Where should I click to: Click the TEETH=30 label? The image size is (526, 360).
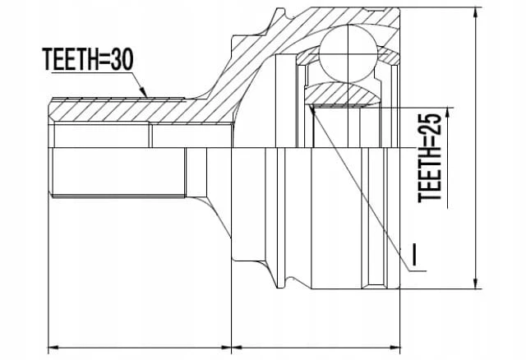(88, 59)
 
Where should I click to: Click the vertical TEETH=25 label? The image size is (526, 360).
(430, 158)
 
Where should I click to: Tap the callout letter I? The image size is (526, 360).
(415, 254)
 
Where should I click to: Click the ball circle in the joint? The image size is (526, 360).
(348, 53)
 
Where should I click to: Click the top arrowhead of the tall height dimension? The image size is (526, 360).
(475, 13)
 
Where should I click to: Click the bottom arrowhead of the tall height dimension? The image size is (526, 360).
(475, 283)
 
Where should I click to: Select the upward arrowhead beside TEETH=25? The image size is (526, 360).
(447, 113)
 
